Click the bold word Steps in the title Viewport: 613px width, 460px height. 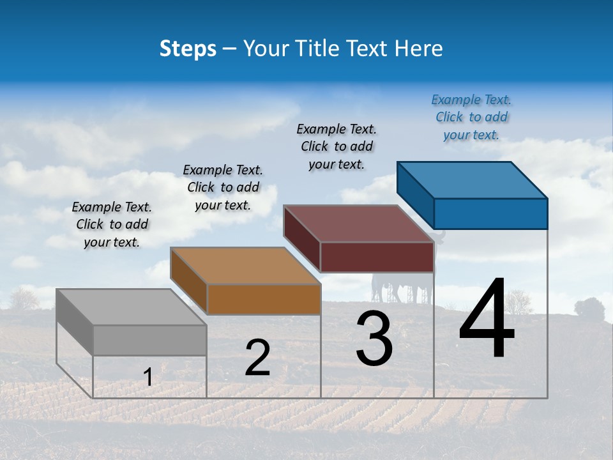pos(188,49)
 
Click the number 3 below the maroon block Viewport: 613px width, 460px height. pos(374,339)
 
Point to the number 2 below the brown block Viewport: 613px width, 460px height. pos(257,358)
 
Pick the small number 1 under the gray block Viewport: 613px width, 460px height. pos(148,377)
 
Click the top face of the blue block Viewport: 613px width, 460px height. pos(473,180)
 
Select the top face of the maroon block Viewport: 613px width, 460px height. pos(359,224)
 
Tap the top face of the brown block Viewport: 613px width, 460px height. pos(245,266)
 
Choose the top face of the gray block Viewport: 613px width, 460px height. pos(132,307)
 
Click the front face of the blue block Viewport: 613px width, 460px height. pos(490,213)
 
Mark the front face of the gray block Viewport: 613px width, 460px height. pos(149,340)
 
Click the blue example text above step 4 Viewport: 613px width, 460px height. pos(471,117)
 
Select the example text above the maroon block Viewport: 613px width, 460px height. pos(337,146)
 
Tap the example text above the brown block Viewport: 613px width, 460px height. pos(223,187)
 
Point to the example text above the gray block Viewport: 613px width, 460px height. pos(112,224)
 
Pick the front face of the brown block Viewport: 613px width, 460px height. pos(264,299)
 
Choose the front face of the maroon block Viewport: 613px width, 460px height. pos(377,257)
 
